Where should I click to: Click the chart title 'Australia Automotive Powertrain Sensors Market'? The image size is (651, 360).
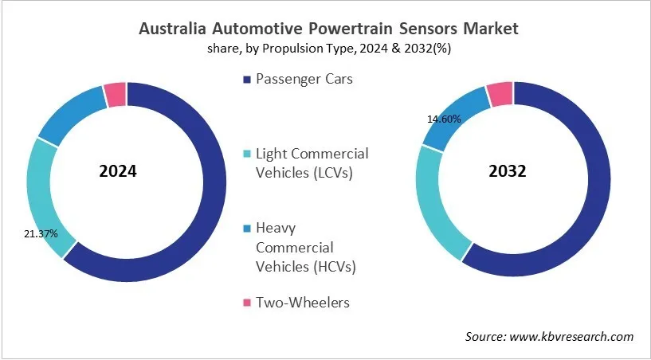pyautogui.click(x=328, y=29)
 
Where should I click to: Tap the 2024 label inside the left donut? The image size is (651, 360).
pyautogui.click(x=118, y=171)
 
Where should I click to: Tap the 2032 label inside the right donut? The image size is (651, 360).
pyautogui.click(x=507, y=171)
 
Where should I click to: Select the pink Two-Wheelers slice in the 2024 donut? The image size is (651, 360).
pyautogui.click(x=116, y=94)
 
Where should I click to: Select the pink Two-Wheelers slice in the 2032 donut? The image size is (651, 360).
pyautogui.click(x=500, y=93)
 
